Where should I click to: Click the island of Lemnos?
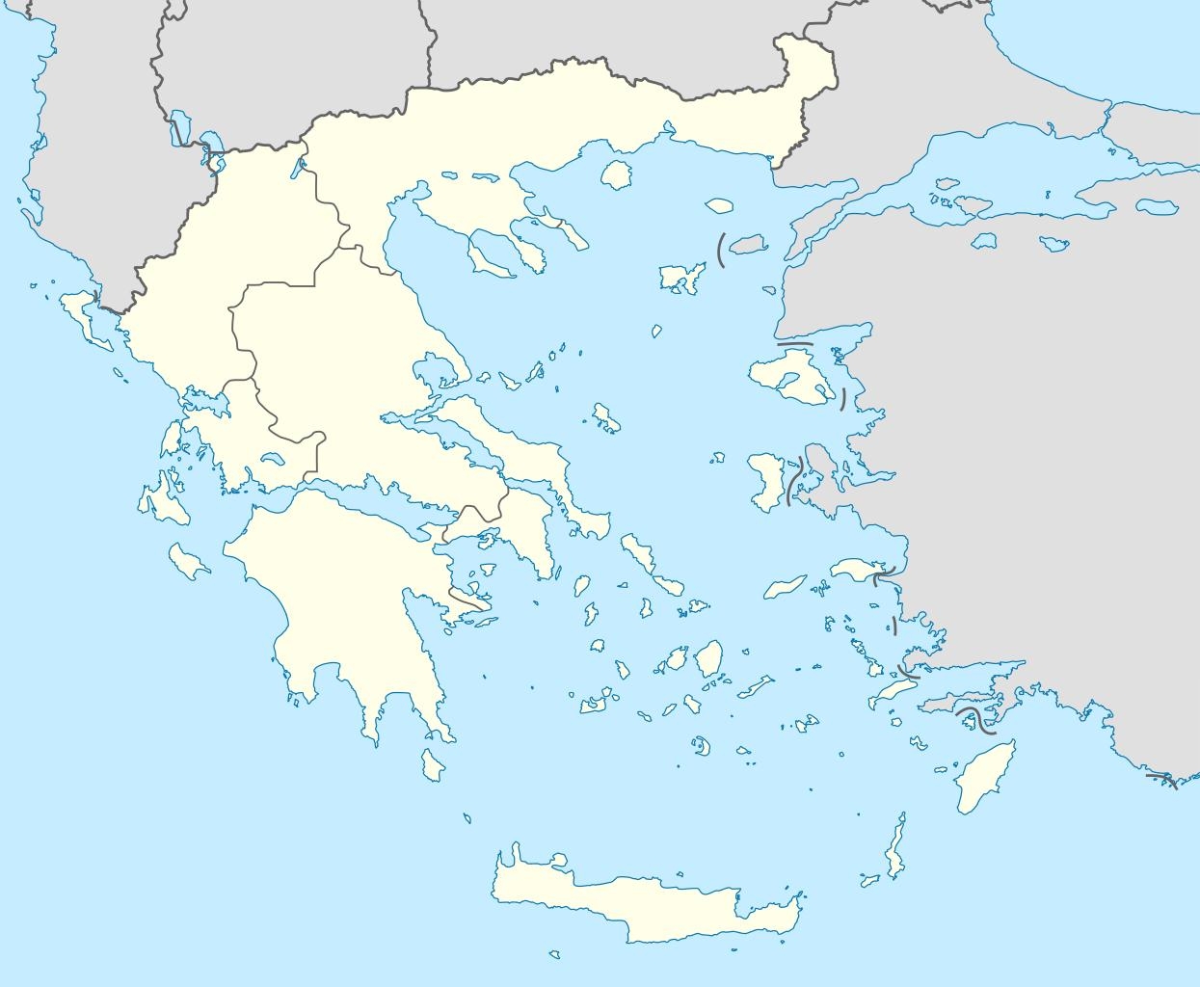[x=681, y=278]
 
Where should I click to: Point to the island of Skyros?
[x=606, y=417]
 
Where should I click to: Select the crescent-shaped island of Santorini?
[x=702, y=746]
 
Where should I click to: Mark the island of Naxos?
[x=711, y=660]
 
